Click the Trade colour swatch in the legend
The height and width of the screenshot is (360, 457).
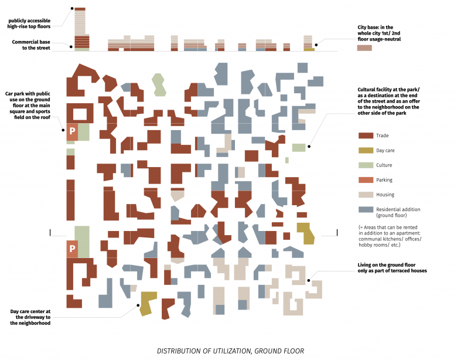tap(366, 135)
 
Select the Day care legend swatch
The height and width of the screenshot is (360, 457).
tap(366, 151)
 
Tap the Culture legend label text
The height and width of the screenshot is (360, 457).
tap(384, 165)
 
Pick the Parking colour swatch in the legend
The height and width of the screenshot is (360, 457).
tap(366, 180)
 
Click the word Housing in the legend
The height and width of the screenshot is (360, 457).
tap(385, 195)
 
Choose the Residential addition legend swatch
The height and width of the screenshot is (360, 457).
tap(366, 209)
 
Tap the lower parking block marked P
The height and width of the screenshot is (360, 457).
tap(72, 249)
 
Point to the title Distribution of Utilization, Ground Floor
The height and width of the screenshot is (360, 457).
tap(230, 351)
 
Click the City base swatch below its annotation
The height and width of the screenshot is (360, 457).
tap(364, 47)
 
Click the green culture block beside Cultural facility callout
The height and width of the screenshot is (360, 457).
tap(299, 148)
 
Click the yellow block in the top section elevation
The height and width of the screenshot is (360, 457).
tap(309, 49)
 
